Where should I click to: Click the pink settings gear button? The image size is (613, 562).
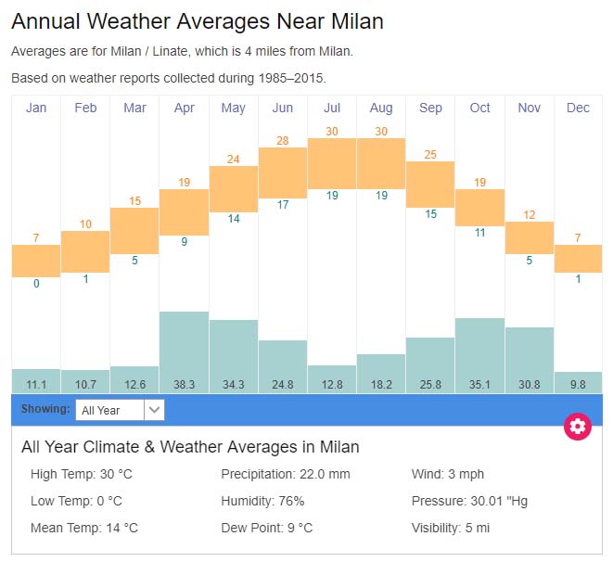pos(578,427)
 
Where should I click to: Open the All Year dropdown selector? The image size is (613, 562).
pos(120,410)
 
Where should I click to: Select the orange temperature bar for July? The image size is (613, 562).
pos(332,163)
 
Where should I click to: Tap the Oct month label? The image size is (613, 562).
pos(479,108)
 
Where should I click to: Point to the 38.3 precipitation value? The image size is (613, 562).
pos(184,384)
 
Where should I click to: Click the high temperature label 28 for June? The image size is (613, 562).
pos(283,140)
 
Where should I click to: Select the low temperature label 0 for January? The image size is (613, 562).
pos(36,284)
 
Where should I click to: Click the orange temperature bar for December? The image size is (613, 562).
pos(578,259)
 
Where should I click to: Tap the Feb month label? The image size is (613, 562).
pos(85,108)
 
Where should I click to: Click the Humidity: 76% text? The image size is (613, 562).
pos(262,501)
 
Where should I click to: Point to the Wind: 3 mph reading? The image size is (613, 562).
pos(448,475)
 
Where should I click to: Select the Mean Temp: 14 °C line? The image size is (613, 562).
pos(84,528)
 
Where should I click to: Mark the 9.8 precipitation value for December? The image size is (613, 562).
pos(578,384)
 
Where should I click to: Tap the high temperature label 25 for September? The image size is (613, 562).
pos(430,154)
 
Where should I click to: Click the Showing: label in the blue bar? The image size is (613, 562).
pos(45,408)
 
